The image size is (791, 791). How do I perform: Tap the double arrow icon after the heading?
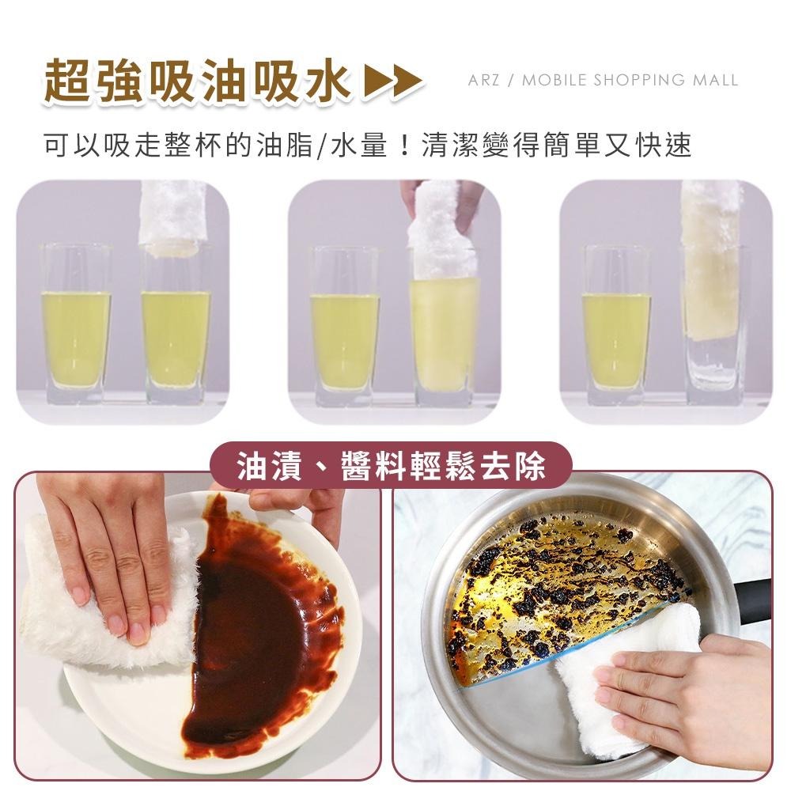[x=392, y=81]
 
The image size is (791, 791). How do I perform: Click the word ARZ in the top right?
[x=483, y=80]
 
